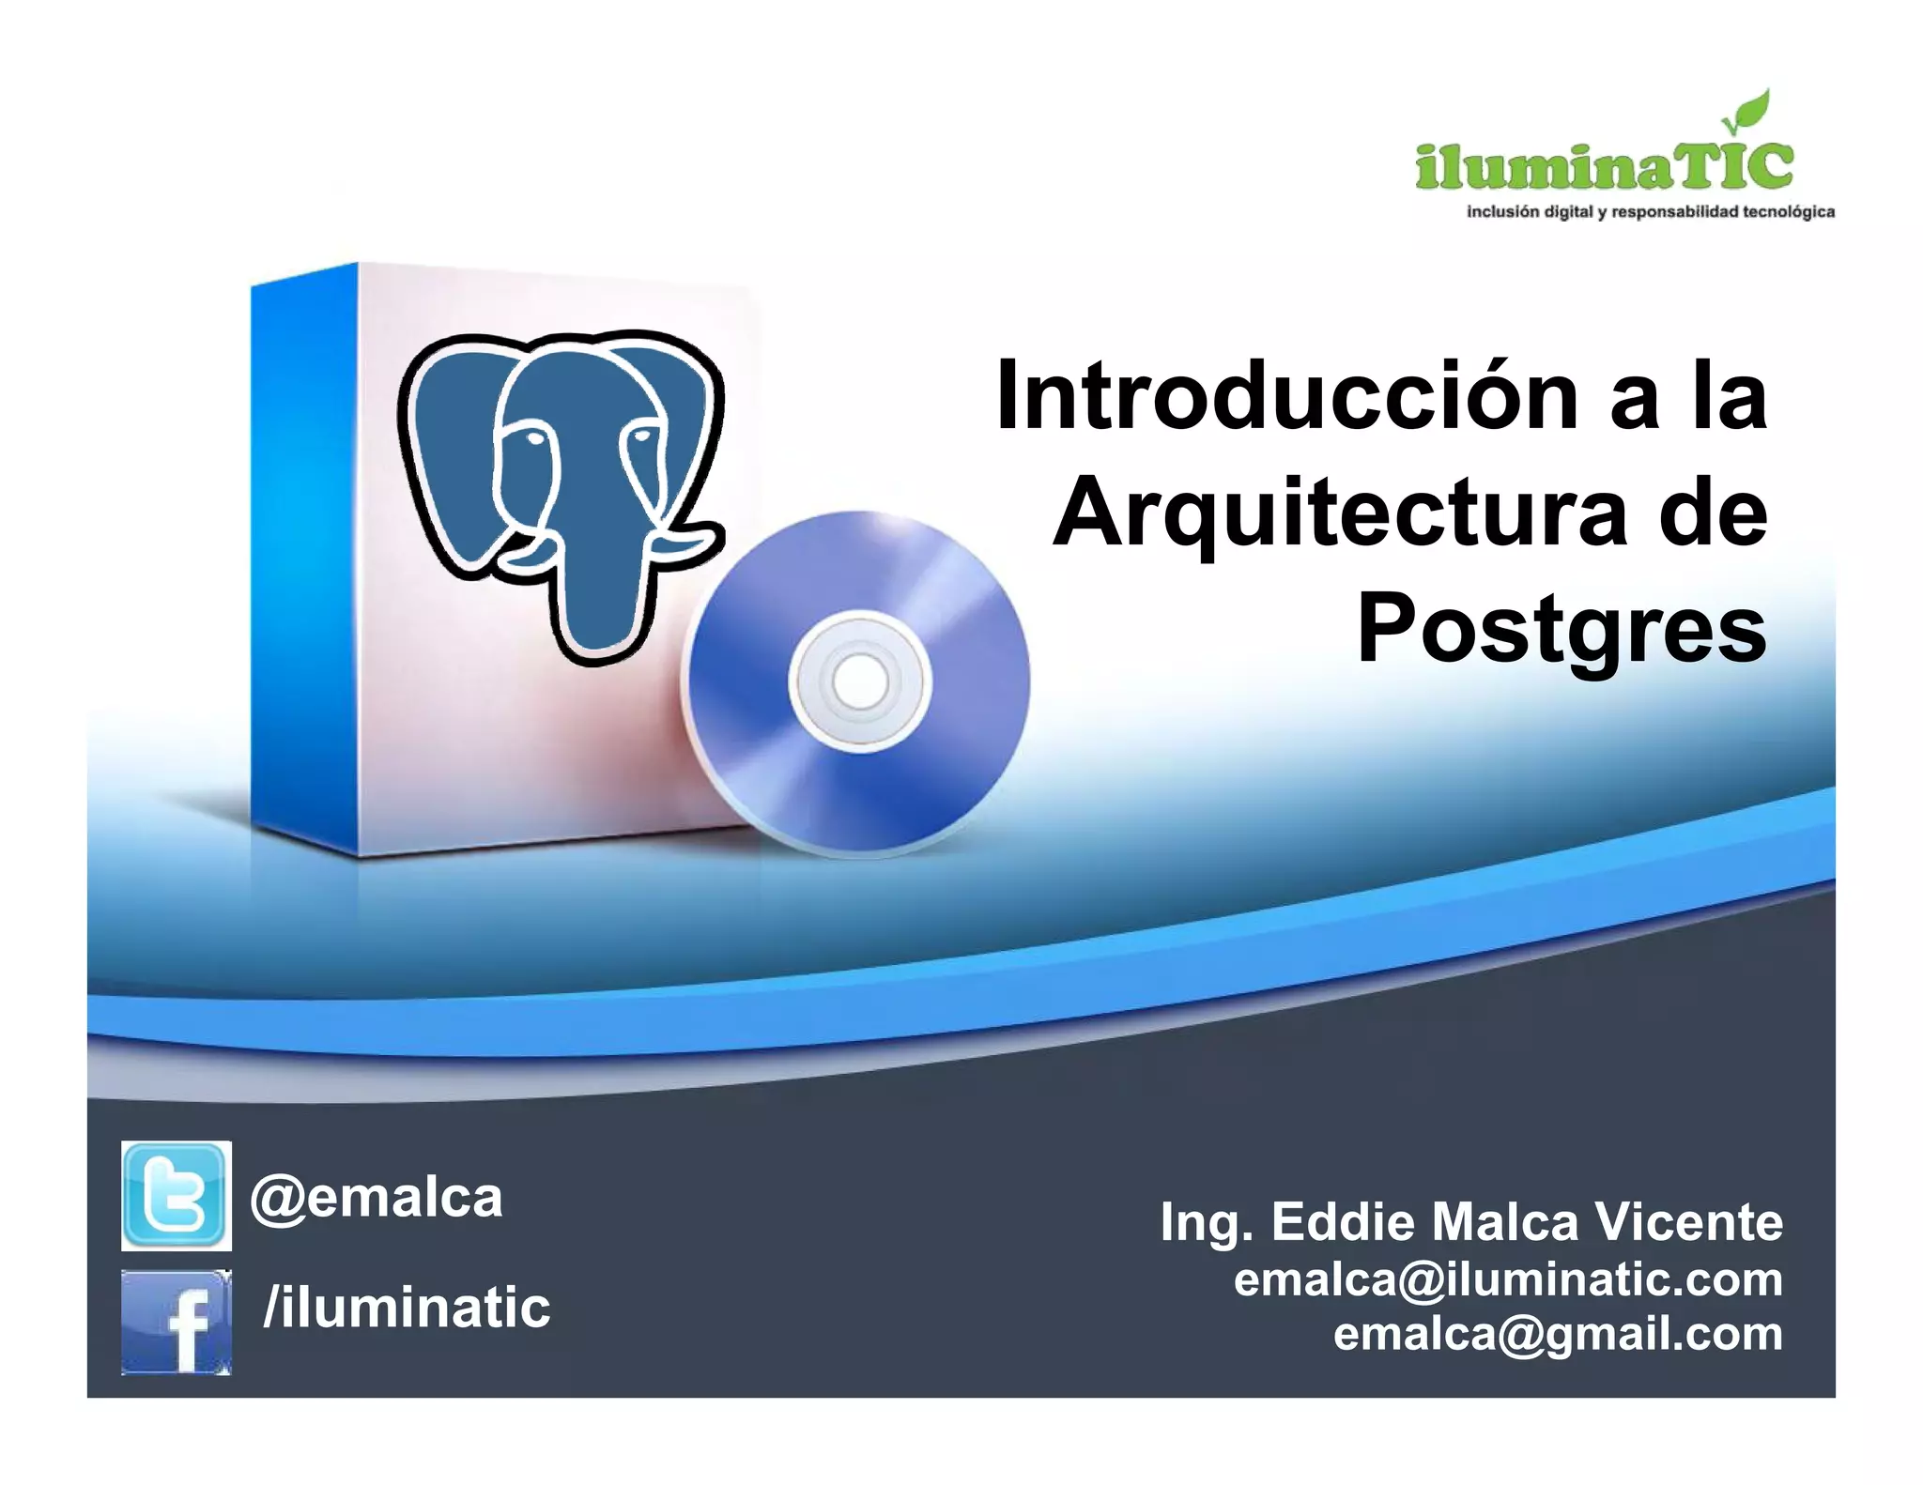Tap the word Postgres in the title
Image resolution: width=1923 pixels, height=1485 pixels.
pos(1561,627)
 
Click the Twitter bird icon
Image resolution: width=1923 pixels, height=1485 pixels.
pos(176,1195)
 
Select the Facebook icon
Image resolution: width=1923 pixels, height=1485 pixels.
pos(176,1321)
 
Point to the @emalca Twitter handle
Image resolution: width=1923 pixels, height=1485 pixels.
pos(377,1198)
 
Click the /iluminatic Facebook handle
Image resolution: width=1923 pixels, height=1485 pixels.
pos(407,1308)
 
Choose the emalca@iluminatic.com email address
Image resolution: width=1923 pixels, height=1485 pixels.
pos(1508,1279)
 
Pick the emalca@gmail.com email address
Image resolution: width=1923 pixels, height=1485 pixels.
pos(1558,1334)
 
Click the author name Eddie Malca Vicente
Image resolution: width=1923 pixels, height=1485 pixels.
pos(1527,1222)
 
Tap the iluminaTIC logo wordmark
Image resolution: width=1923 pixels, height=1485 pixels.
pos(1604,167)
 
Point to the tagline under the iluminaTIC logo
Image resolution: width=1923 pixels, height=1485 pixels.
pos(1650,212)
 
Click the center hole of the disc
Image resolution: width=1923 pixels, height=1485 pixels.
pos(859,681)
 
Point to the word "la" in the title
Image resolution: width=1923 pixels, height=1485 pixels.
pos(1730,397)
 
